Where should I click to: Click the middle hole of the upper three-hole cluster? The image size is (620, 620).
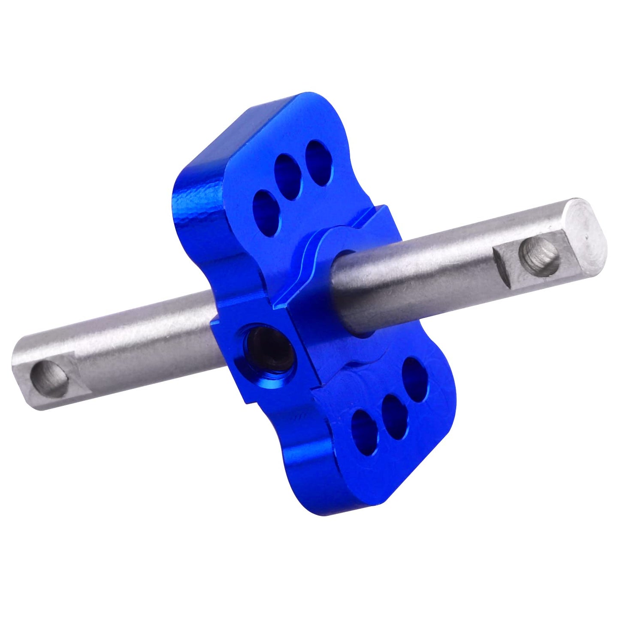pyautogui.click(x=288, y=171)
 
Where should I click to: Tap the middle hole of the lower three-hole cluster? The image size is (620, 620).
pyautogui.click(x=394, y=410)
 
